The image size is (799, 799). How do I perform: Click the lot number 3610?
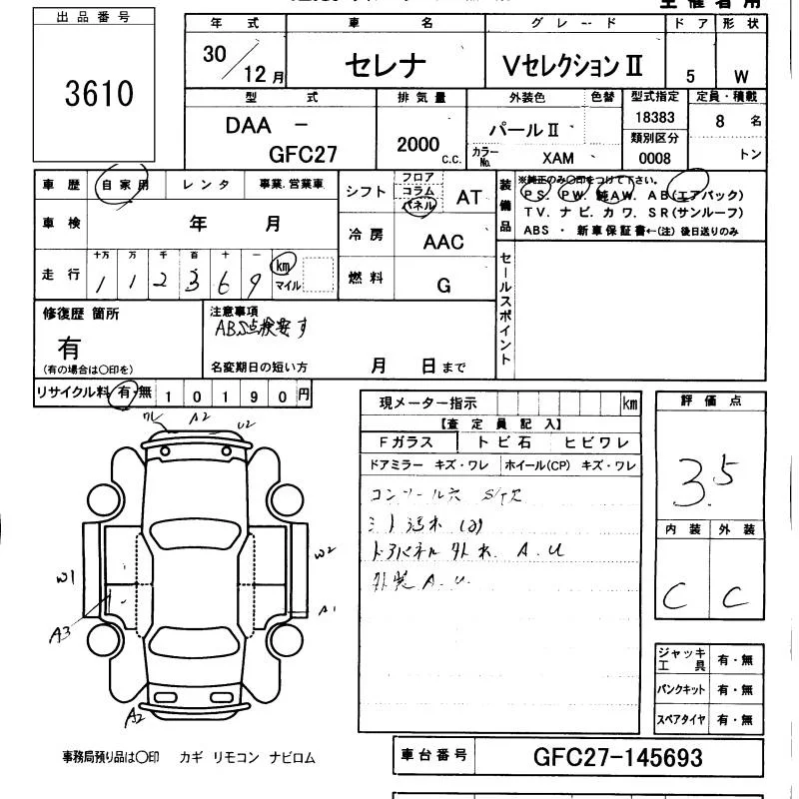(x=99, y=95)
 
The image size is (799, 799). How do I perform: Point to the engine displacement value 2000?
(x=417, y=144)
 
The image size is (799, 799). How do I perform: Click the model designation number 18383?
(x=654, y=117)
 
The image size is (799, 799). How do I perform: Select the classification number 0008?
(x=654, y=158)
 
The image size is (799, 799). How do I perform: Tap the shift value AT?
(x=468, y=197)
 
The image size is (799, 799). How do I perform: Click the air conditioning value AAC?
(x=443, y=242)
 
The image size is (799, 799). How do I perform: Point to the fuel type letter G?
(x=443, y=285)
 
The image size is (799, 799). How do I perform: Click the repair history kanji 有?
(x=69, y=348)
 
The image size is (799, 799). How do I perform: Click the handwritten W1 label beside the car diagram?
(x=67, y=576)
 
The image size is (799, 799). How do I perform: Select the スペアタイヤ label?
(x=679, y=719)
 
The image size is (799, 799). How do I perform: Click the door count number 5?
(x=689, y=76)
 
